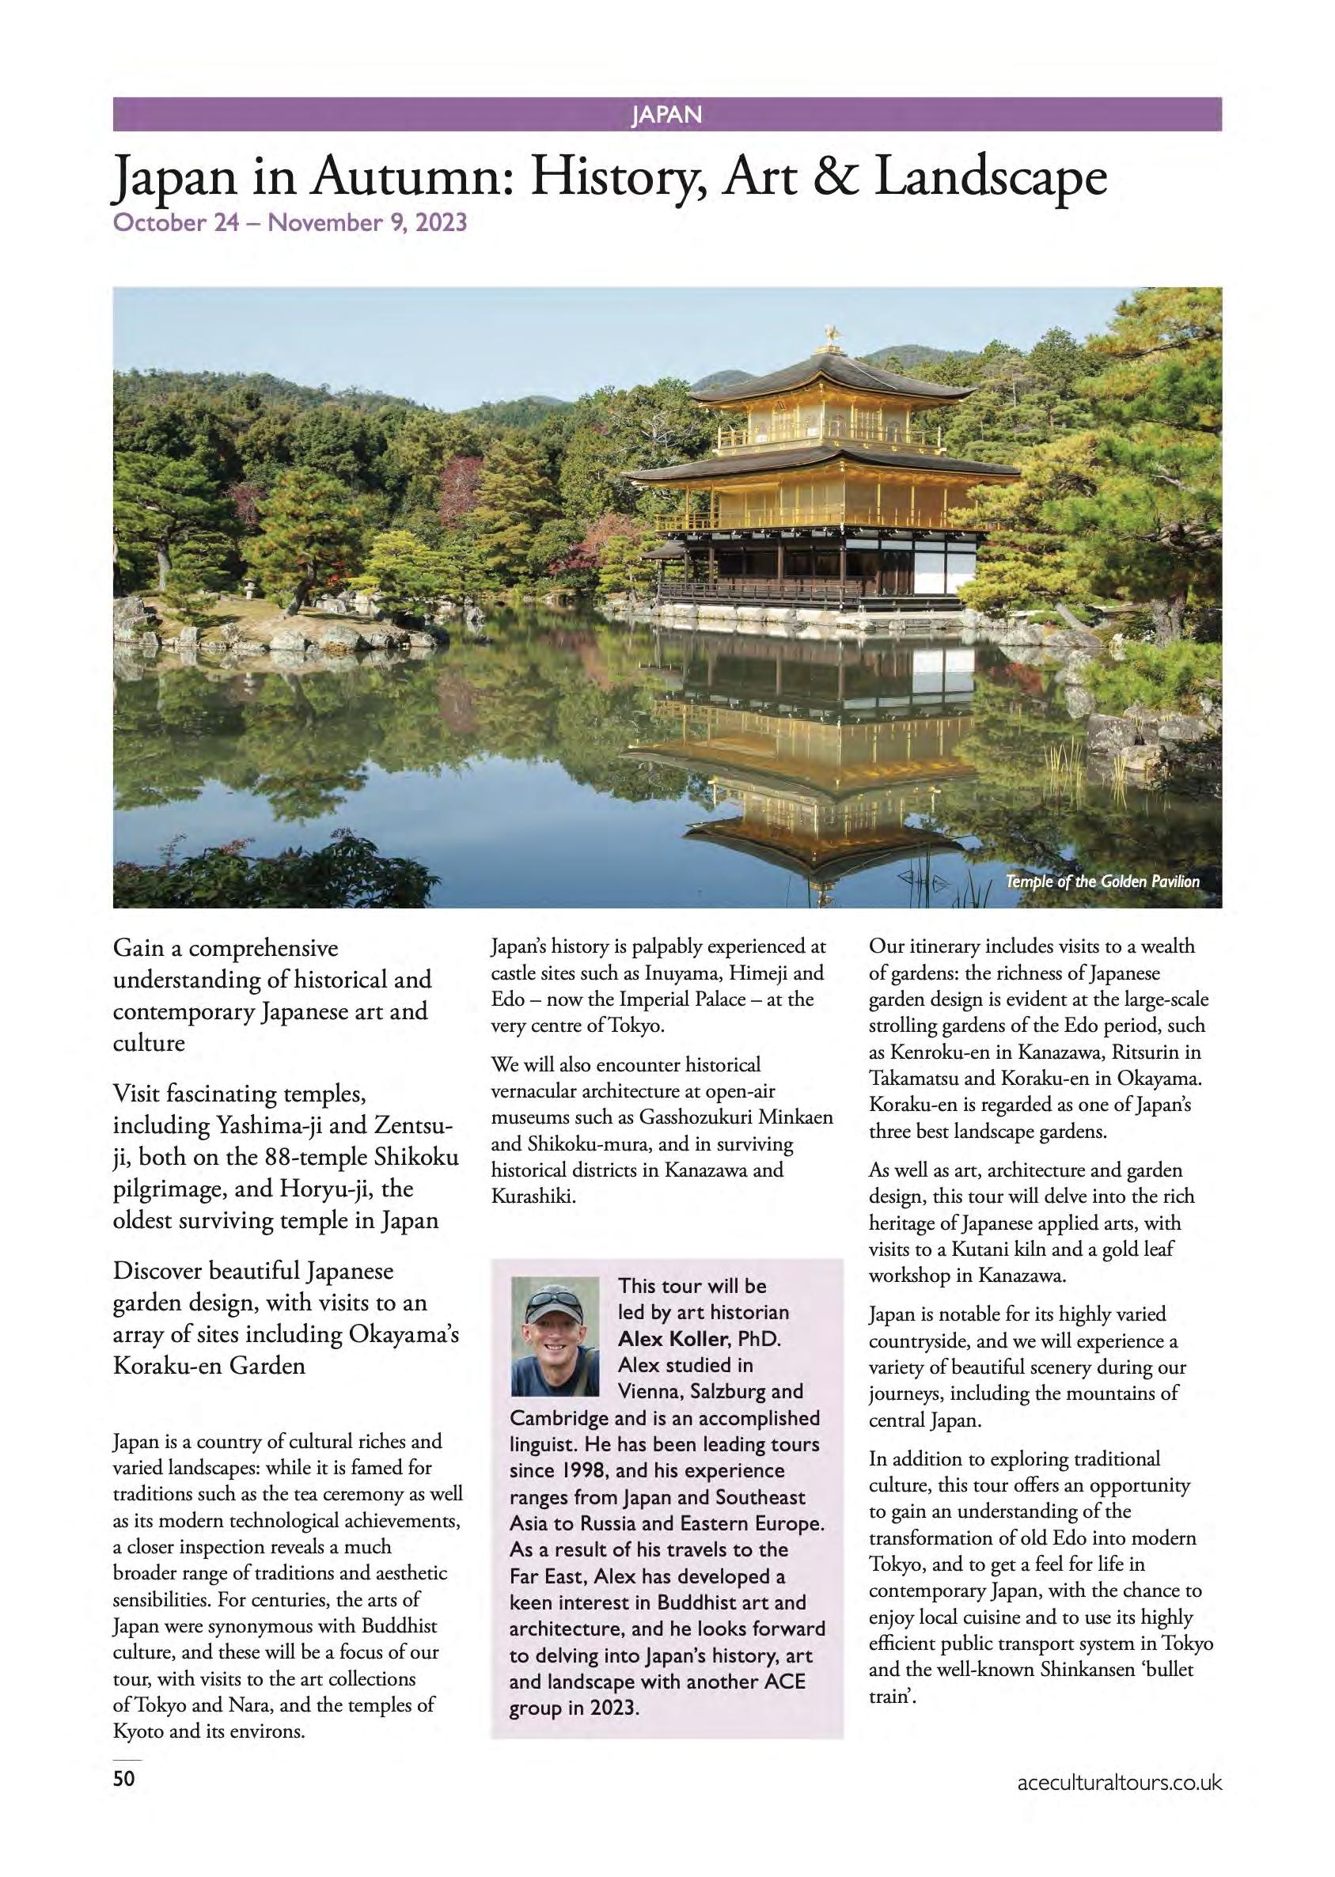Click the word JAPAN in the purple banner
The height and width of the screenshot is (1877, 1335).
666,115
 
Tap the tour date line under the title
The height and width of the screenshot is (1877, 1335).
290,222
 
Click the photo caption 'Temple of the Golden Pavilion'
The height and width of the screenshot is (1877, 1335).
1102,882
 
